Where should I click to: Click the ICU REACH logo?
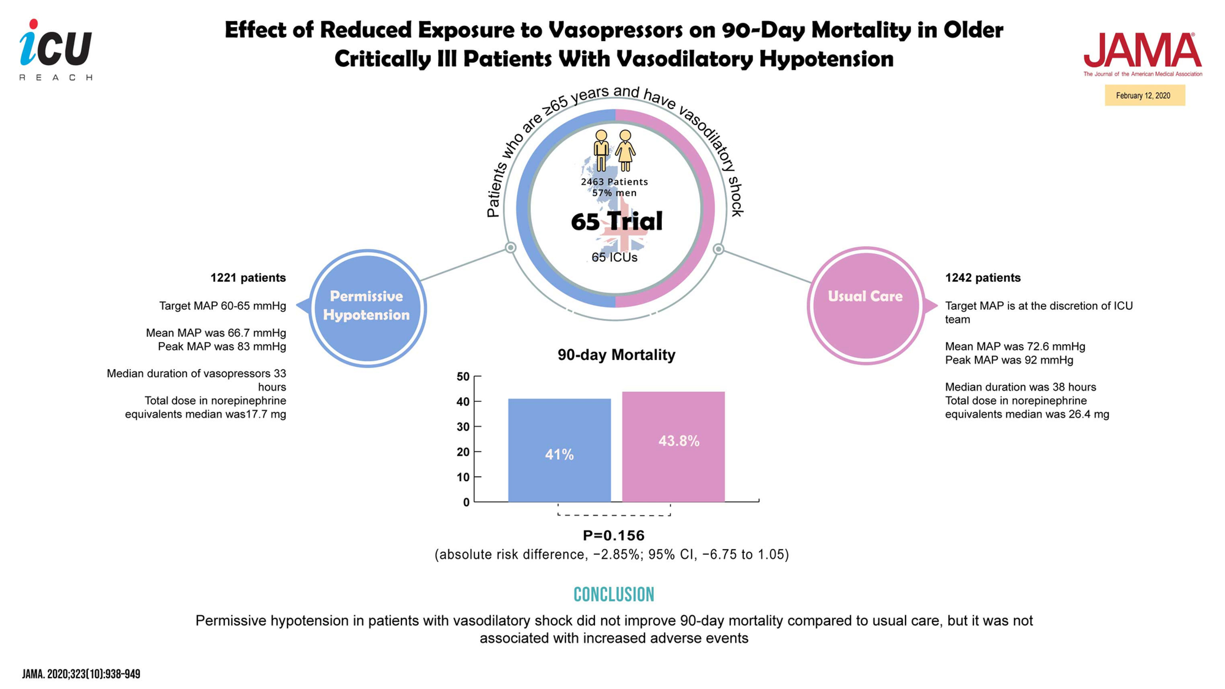(x=55, y=49)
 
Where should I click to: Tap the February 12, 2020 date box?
(x=1144, y=96)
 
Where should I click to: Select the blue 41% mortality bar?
(x=559, y=450)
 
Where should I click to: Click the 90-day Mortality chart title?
(x=616, y=355)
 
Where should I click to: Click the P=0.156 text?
(x=613, y=536)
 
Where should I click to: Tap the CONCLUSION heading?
(x=613, y=594)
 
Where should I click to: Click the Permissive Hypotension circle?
(x=367, y=308)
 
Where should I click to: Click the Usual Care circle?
(x=865, y=306)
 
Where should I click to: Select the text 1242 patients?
(x=983, y=277)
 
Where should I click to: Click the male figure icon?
(x=601, y=150)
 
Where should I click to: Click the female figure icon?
(x=625, y=150)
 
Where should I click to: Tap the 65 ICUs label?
(x=615, y=257)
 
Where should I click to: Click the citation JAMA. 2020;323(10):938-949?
(x=81, y=674)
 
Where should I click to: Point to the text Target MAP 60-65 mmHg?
(x=222, y=306)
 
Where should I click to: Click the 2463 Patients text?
(x=615, y=181)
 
